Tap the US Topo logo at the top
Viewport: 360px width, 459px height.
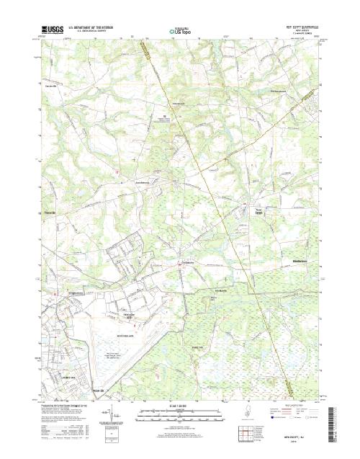179,32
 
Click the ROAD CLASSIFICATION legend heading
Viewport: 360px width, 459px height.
296,404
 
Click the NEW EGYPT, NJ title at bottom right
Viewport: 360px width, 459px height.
298,435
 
